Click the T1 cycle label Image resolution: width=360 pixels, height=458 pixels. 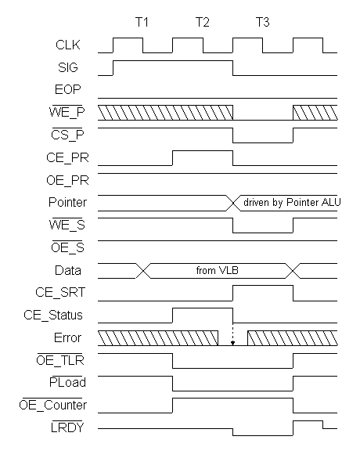[x=142, y=22]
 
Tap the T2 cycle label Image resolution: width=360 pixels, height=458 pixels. [x=203, y=22]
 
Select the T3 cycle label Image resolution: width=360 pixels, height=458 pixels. [x=262, y=22]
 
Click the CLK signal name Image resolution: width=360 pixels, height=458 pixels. [x=68, y=45]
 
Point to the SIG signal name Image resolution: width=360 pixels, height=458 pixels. [x=68, y=68]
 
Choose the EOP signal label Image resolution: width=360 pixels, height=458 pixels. [x=68, y=89]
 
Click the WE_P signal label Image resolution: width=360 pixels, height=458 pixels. [x=67, y=112]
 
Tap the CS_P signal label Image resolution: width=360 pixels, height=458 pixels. [x=67, y=135]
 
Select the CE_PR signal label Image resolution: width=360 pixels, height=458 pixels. [x=67, y=157]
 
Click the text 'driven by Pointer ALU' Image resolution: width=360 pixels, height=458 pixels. [x=292, y=203]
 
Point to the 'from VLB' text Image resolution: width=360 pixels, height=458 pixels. [x=218, y=270]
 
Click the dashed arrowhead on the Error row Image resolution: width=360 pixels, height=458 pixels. [x=232, y=343]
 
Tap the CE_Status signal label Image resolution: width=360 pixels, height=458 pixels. [x=53, y=316]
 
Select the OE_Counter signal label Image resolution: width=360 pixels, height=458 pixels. [x=53, y=405]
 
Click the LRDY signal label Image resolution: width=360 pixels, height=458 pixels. [x=67, y=427]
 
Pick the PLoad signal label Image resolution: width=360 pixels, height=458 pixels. [x=67, y=382]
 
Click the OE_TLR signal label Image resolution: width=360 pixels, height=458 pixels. [x=60, y=360]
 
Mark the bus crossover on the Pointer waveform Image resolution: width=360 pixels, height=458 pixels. [x=233, y=203]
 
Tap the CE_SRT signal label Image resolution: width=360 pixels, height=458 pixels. [x=60, y=292]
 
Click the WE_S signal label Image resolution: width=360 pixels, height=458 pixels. [x=67, y=225]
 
